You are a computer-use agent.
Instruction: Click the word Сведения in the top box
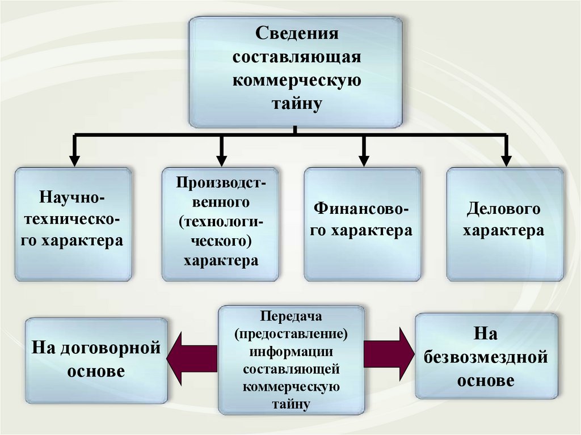coord(296,33)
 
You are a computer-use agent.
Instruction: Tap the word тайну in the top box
coord(296,103)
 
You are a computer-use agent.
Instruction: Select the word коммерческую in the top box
coord(296,80)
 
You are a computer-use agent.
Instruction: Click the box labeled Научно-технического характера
coord(73,224)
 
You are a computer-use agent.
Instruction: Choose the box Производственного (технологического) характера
coord(220,224)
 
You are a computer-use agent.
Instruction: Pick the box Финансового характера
coord(363,224)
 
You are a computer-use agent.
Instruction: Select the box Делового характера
coord(505,224)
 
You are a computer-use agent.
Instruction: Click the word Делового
coord(503,210)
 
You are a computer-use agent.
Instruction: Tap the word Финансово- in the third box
coord(362,210)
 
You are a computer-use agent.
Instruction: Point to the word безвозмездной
coord(485,358)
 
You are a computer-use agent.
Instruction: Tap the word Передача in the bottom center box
coord(290,315)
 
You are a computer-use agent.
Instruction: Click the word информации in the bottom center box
coord(290,350)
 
